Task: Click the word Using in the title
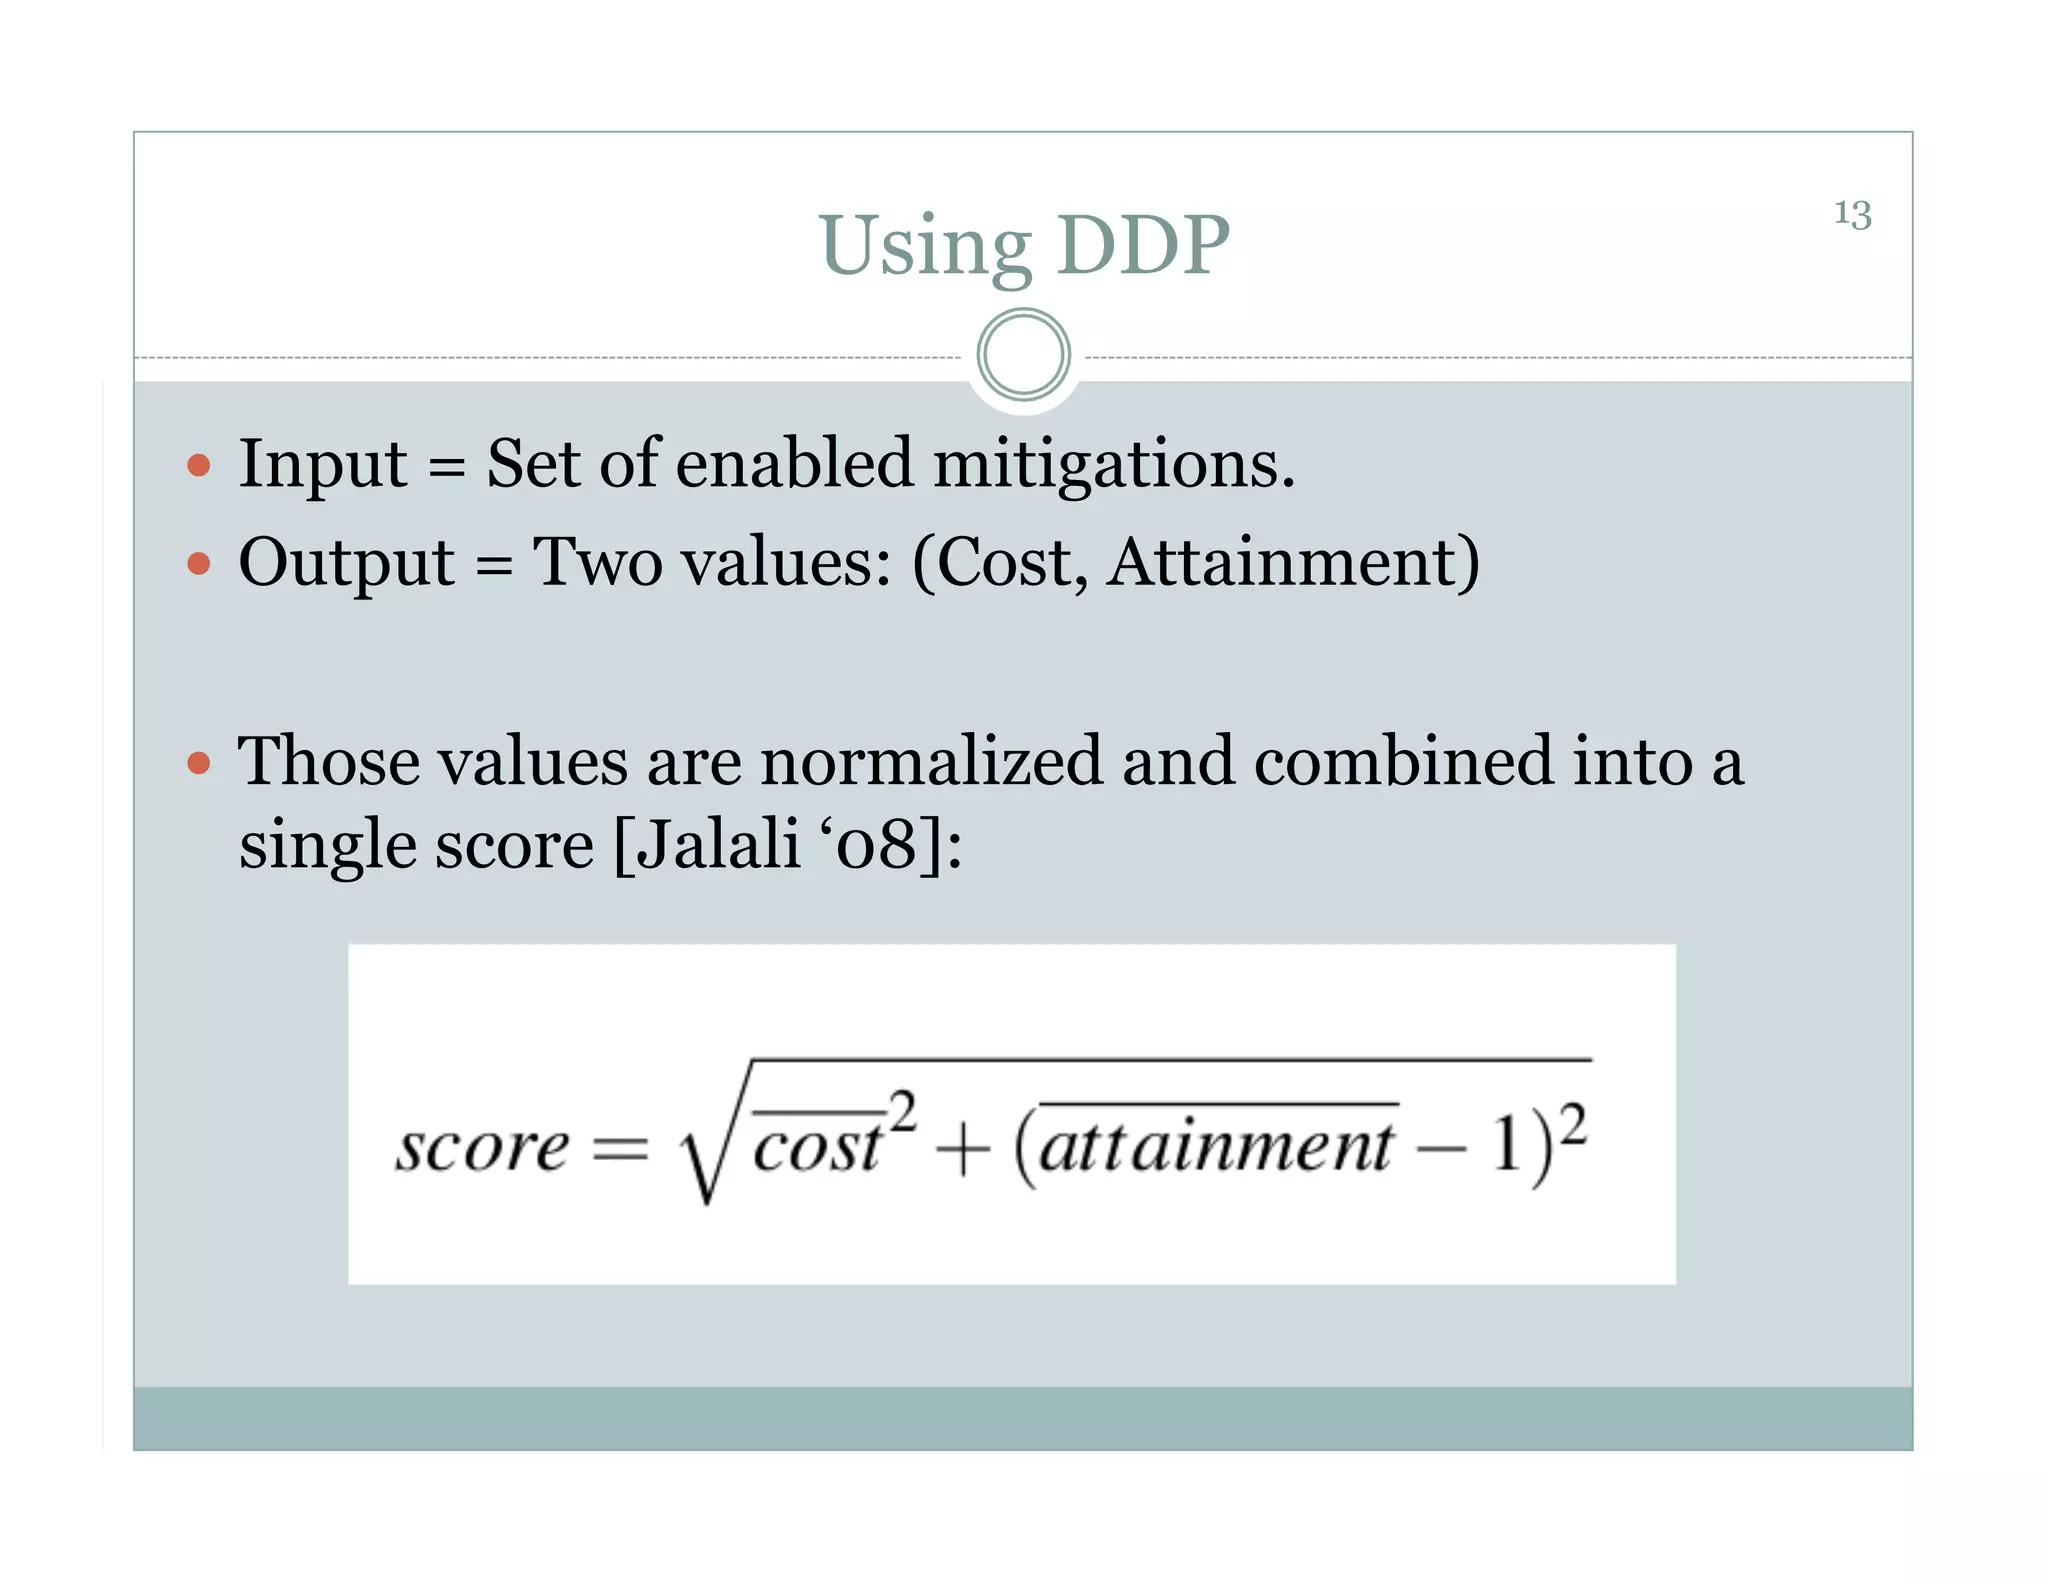click(925, 247)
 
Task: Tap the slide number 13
click(1852, 214)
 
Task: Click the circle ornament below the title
click(1023, 355)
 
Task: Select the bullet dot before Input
click(199, 465)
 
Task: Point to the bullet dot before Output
click(199, 564)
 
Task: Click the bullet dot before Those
click(199, 764)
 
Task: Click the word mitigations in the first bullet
click(1113, 466)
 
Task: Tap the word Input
click(322, 466)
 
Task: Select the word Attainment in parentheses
click(1285, 562)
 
